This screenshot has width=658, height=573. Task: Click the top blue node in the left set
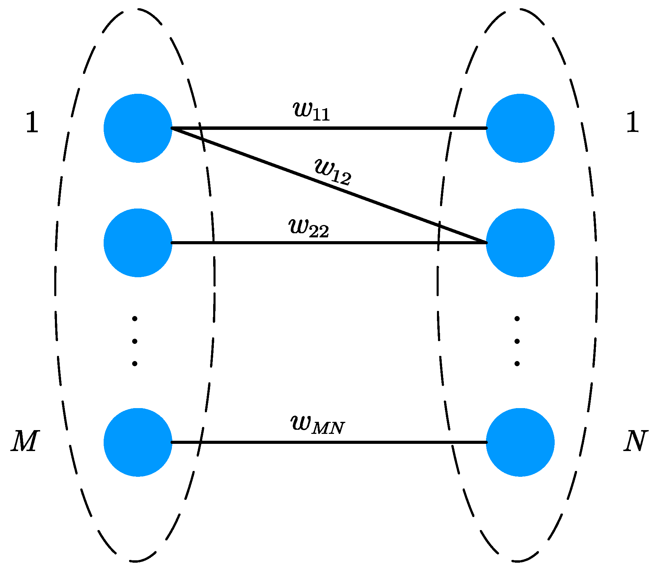point(138,128)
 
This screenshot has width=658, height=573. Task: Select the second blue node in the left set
point(138,243)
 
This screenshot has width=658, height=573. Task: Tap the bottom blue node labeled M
point(138,442)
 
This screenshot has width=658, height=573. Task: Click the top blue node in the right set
point(520,128)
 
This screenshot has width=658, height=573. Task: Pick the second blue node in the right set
point(520,243)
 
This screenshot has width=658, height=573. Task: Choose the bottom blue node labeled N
point(520,442)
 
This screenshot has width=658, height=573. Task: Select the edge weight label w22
point(309,228)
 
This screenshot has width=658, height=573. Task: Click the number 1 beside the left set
point(32,122)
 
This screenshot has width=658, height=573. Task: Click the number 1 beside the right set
point(633,122)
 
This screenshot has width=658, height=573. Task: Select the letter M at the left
point(25,441)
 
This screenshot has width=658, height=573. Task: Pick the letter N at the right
point(635,441)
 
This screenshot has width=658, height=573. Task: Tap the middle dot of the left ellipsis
point(135,341)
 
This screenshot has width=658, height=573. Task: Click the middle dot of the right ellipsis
point(517,341)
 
